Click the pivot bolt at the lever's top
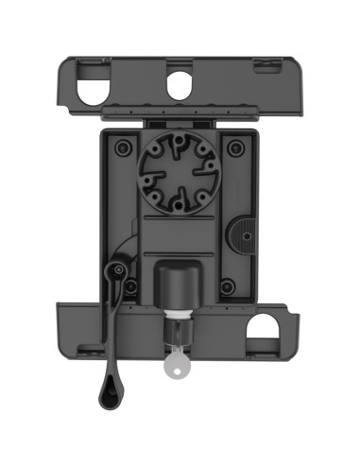click(117, 272)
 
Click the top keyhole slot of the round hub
click(177, 146)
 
